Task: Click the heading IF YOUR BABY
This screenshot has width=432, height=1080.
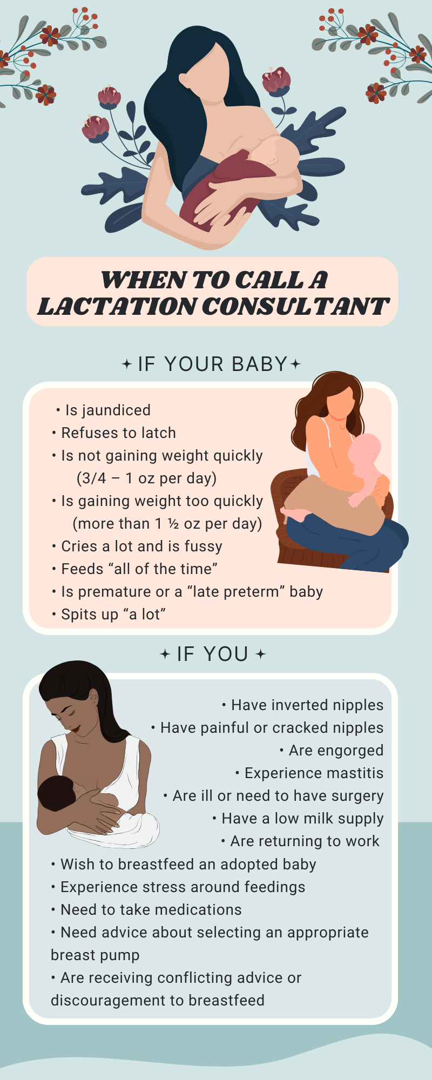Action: coord(212,364)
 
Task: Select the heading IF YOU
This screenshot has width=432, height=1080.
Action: coord(212,654)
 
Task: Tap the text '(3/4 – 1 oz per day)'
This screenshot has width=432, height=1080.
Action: coord(146,478)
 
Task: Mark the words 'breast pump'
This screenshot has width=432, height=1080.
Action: coord(95,955)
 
